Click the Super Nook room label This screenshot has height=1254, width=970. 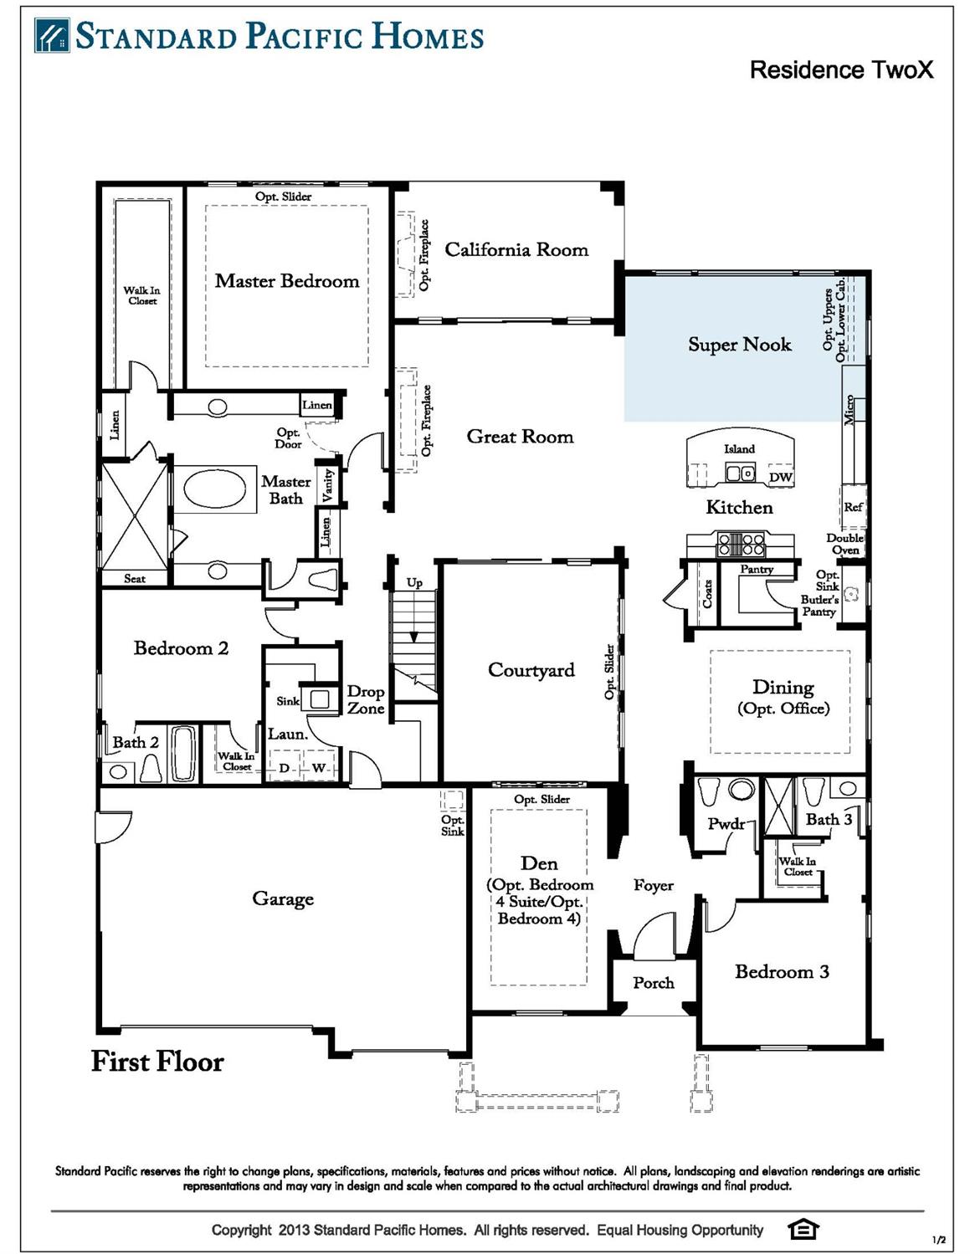(x=739, y=345)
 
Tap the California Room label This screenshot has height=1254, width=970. (x=516, y=249)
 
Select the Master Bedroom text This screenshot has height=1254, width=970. (x=286, y=281)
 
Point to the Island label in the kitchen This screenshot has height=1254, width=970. (x=739, y=449)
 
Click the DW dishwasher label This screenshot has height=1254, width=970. (x=780, y=478)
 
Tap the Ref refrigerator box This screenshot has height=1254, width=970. (x=853, y=508)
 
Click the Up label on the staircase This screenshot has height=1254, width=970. (x=414, y=583)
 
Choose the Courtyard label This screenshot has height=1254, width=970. (x=531, y=670)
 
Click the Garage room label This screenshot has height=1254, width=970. (x=283, y=898)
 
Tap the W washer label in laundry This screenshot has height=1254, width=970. (x=319, y=768)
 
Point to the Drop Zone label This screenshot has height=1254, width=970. (x=366, y=700)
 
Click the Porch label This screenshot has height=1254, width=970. (x=653, y=983)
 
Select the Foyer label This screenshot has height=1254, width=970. (x=653, y=885)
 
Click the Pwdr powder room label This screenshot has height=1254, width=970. (x=726, y=824)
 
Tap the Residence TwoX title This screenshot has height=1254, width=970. (x=840, y=69)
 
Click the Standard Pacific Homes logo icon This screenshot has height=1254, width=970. (x=52, y=36)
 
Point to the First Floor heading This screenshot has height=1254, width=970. (x=157, y=1062)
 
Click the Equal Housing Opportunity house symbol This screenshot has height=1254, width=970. (x=803, y=1229)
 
